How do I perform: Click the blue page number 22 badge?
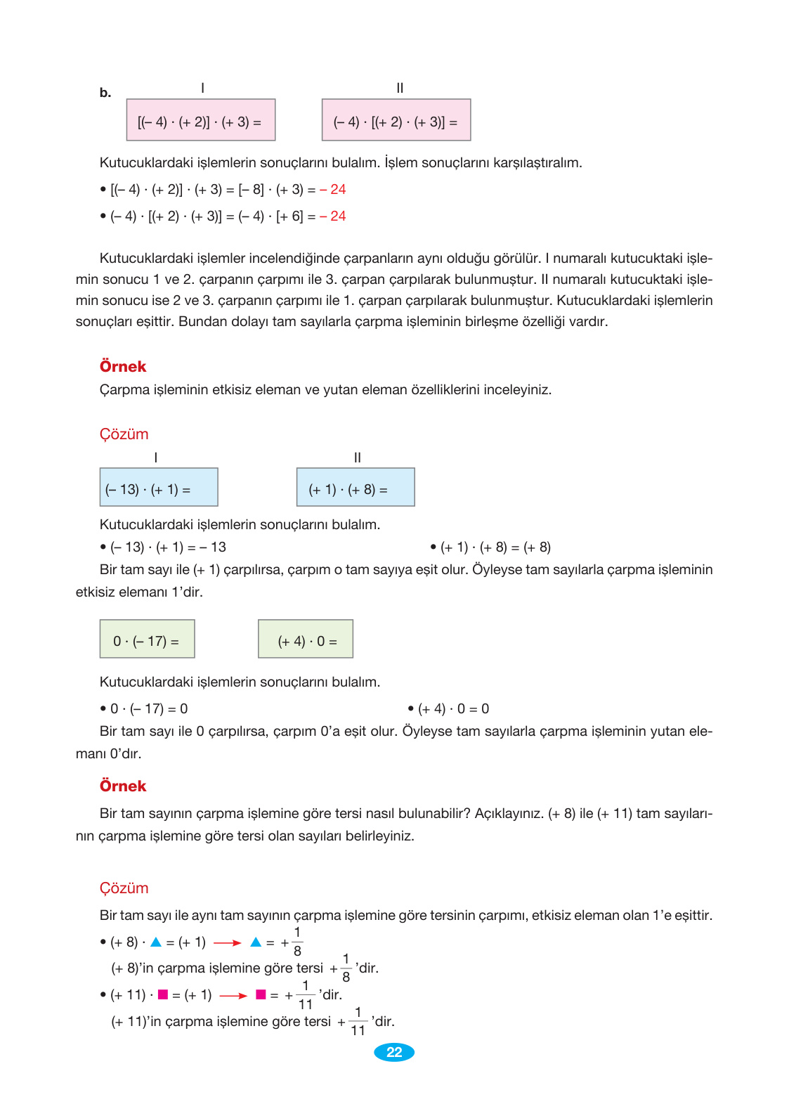coord(394,1052)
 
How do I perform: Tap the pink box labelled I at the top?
coord(201,120)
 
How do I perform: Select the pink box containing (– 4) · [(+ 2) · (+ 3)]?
coord(396,120)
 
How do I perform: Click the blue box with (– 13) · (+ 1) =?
coord(159,487)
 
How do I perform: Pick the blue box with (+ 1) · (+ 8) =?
coord(356,487)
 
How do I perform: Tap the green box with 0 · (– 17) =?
coord(147,639)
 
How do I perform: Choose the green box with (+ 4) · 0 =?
coord(306,639)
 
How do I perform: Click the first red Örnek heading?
coord(123,366)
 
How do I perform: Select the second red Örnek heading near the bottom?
coord(123,786)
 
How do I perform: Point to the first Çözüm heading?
coord(124,434)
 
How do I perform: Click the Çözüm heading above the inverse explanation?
coord(124,888)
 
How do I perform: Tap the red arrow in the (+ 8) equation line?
coord(228,943)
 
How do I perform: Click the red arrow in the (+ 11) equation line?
coord(233,996)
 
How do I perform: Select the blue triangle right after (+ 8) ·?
coord(156,942)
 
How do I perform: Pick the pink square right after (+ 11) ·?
coord(163,994)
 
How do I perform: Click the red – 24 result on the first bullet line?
coord(333,190)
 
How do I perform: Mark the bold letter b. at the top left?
coord(105,93)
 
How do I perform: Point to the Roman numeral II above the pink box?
coord(400,88)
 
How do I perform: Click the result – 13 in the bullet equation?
coord(213,547)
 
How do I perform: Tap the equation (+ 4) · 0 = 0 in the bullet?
coord(453,709)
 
